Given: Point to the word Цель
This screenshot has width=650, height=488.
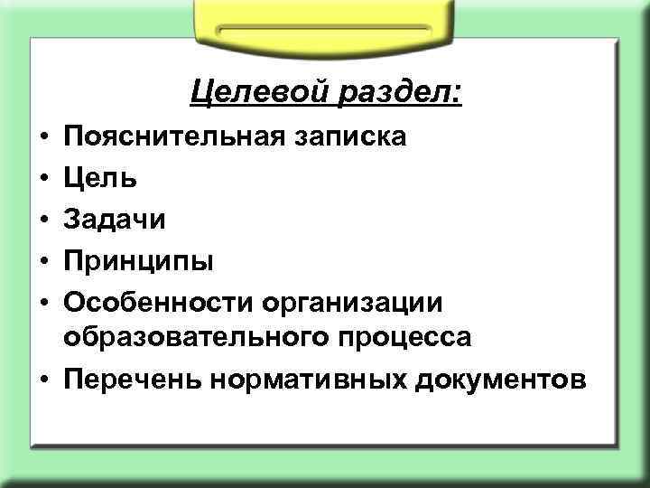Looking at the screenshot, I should click(100, 177).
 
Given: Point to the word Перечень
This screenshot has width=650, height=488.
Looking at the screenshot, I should click(131, 378).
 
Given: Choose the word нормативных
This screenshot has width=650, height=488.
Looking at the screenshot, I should click(308, 378).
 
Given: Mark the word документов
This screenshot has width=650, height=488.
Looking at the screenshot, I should click(502, 378).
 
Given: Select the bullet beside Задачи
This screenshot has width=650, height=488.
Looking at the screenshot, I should click(43, 220).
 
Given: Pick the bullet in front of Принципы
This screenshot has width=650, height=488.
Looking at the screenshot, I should click(43, 261).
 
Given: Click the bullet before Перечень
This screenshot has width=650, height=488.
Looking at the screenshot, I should click(43, 379).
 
